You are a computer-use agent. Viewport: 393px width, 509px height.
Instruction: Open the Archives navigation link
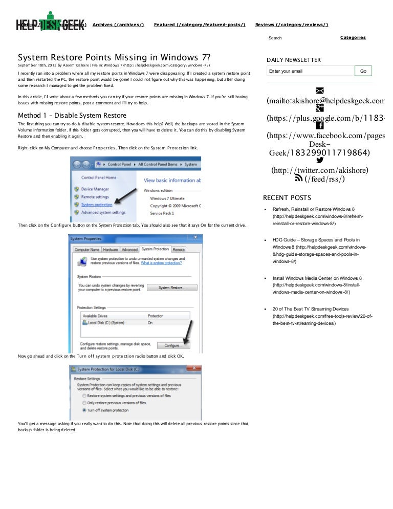(118, 25)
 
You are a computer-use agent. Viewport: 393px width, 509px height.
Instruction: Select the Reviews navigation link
(292, 25)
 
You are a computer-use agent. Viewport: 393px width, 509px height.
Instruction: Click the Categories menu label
(353, 37)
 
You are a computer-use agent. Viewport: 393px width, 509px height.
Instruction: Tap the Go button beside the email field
(363, 71)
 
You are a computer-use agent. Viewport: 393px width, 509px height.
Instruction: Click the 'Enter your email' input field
(310, 71)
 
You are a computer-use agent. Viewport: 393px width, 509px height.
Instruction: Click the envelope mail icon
(320, 91)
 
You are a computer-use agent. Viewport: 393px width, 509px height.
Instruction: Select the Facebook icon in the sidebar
(319, 126)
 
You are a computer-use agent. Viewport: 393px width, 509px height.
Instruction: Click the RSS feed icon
(299, 179)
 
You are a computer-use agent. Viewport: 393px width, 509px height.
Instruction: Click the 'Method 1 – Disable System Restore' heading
(72, 115)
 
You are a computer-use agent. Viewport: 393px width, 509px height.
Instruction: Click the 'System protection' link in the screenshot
(96, 205)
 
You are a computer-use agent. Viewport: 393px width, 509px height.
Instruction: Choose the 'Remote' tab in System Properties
(179, 249)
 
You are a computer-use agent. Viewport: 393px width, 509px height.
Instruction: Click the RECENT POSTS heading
(287, 198)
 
